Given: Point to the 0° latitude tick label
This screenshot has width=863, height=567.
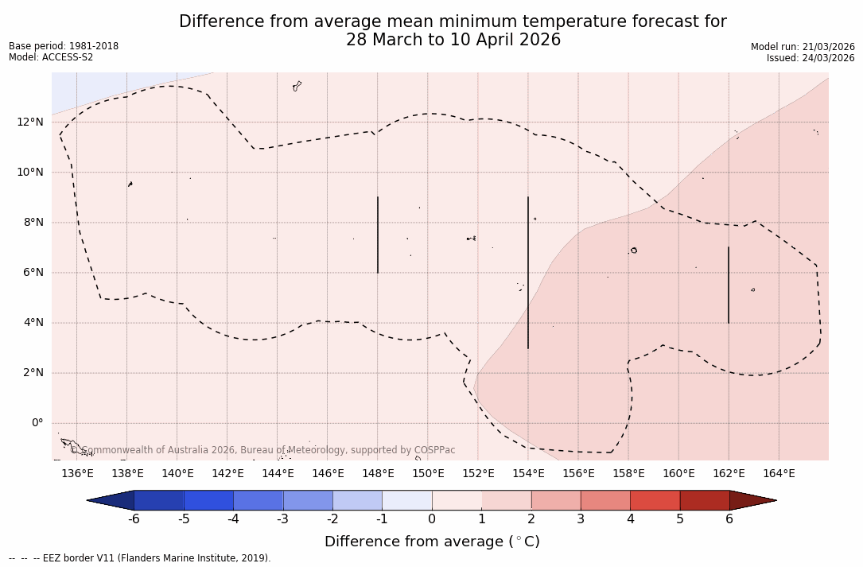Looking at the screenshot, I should tap(37, 423).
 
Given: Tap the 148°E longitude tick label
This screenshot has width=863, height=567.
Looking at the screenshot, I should tap(378, 474).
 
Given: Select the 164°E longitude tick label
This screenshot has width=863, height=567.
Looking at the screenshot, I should tap(779, 474).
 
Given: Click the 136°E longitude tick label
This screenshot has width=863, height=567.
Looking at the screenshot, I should tap(77, 474).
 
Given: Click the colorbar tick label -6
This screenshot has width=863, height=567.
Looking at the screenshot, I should tap(134, 519).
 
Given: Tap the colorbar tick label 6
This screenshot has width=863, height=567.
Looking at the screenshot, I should tap(729, 519).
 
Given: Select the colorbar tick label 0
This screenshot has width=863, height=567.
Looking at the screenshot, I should tap(432, 519).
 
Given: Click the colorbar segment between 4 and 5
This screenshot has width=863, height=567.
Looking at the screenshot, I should tap(655, 500).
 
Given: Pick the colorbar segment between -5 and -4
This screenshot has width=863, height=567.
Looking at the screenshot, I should tap(208, 500).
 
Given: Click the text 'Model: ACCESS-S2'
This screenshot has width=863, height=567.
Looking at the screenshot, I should tap(51, 57).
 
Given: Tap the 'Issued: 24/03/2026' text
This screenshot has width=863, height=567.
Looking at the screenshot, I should tap(811, 58).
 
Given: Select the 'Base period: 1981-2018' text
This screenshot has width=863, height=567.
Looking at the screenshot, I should tap(64, 46).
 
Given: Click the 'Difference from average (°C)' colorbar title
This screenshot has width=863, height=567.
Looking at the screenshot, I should tap(432, 542).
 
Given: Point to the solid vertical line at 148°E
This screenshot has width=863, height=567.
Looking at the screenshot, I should tap(378, 235).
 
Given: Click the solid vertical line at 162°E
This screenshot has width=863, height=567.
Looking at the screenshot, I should tap(729, 285).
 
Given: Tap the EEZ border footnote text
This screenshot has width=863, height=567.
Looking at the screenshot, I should tap(140, 558).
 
